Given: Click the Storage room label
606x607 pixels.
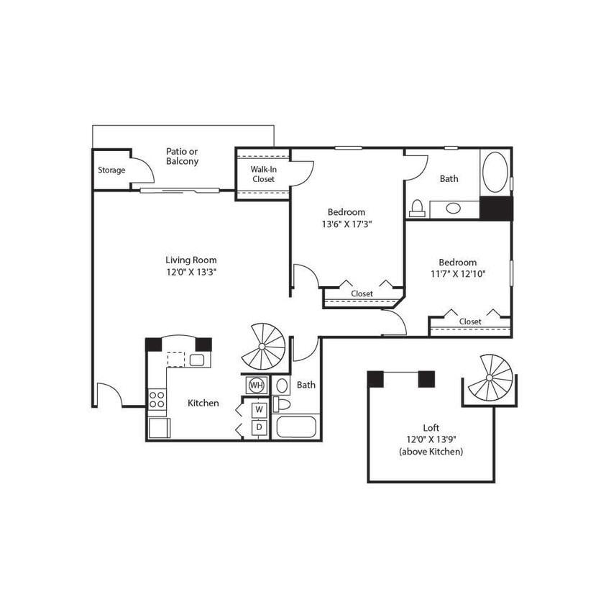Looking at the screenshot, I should click(x=111, y=170).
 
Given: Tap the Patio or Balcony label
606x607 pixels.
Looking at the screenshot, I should click(x=182, y=156).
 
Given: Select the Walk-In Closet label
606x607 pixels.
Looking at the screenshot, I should click(x=263, y=174).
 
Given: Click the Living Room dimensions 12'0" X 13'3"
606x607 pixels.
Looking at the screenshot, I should click(x=190, y=272).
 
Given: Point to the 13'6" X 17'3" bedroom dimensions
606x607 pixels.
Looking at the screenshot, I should click(x=346, y=224).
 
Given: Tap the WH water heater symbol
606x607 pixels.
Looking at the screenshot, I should click(x=256, y=385).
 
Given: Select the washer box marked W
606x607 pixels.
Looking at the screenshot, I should click(x=259, y=409).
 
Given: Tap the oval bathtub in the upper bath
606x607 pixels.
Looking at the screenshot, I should click(x=495, y=171).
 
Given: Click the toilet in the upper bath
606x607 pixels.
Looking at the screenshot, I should click(x=416, y=209).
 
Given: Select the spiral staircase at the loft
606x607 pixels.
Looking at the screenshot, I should click(x=492, y=378).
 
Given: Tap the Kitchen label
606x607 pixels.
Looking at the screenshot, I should click(x=203, y=403).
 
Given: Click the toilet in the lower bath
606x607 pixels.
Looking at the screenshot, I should click(x=280, y=403).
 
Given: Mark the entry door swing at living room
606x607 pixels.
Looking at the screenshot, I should click(x=109, y=395).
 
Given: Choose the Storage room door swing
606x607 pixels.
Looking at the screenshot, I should click(x=142, y=170).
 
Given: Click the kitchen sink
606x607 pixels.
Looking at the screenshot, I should click(x=198, y=360).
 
